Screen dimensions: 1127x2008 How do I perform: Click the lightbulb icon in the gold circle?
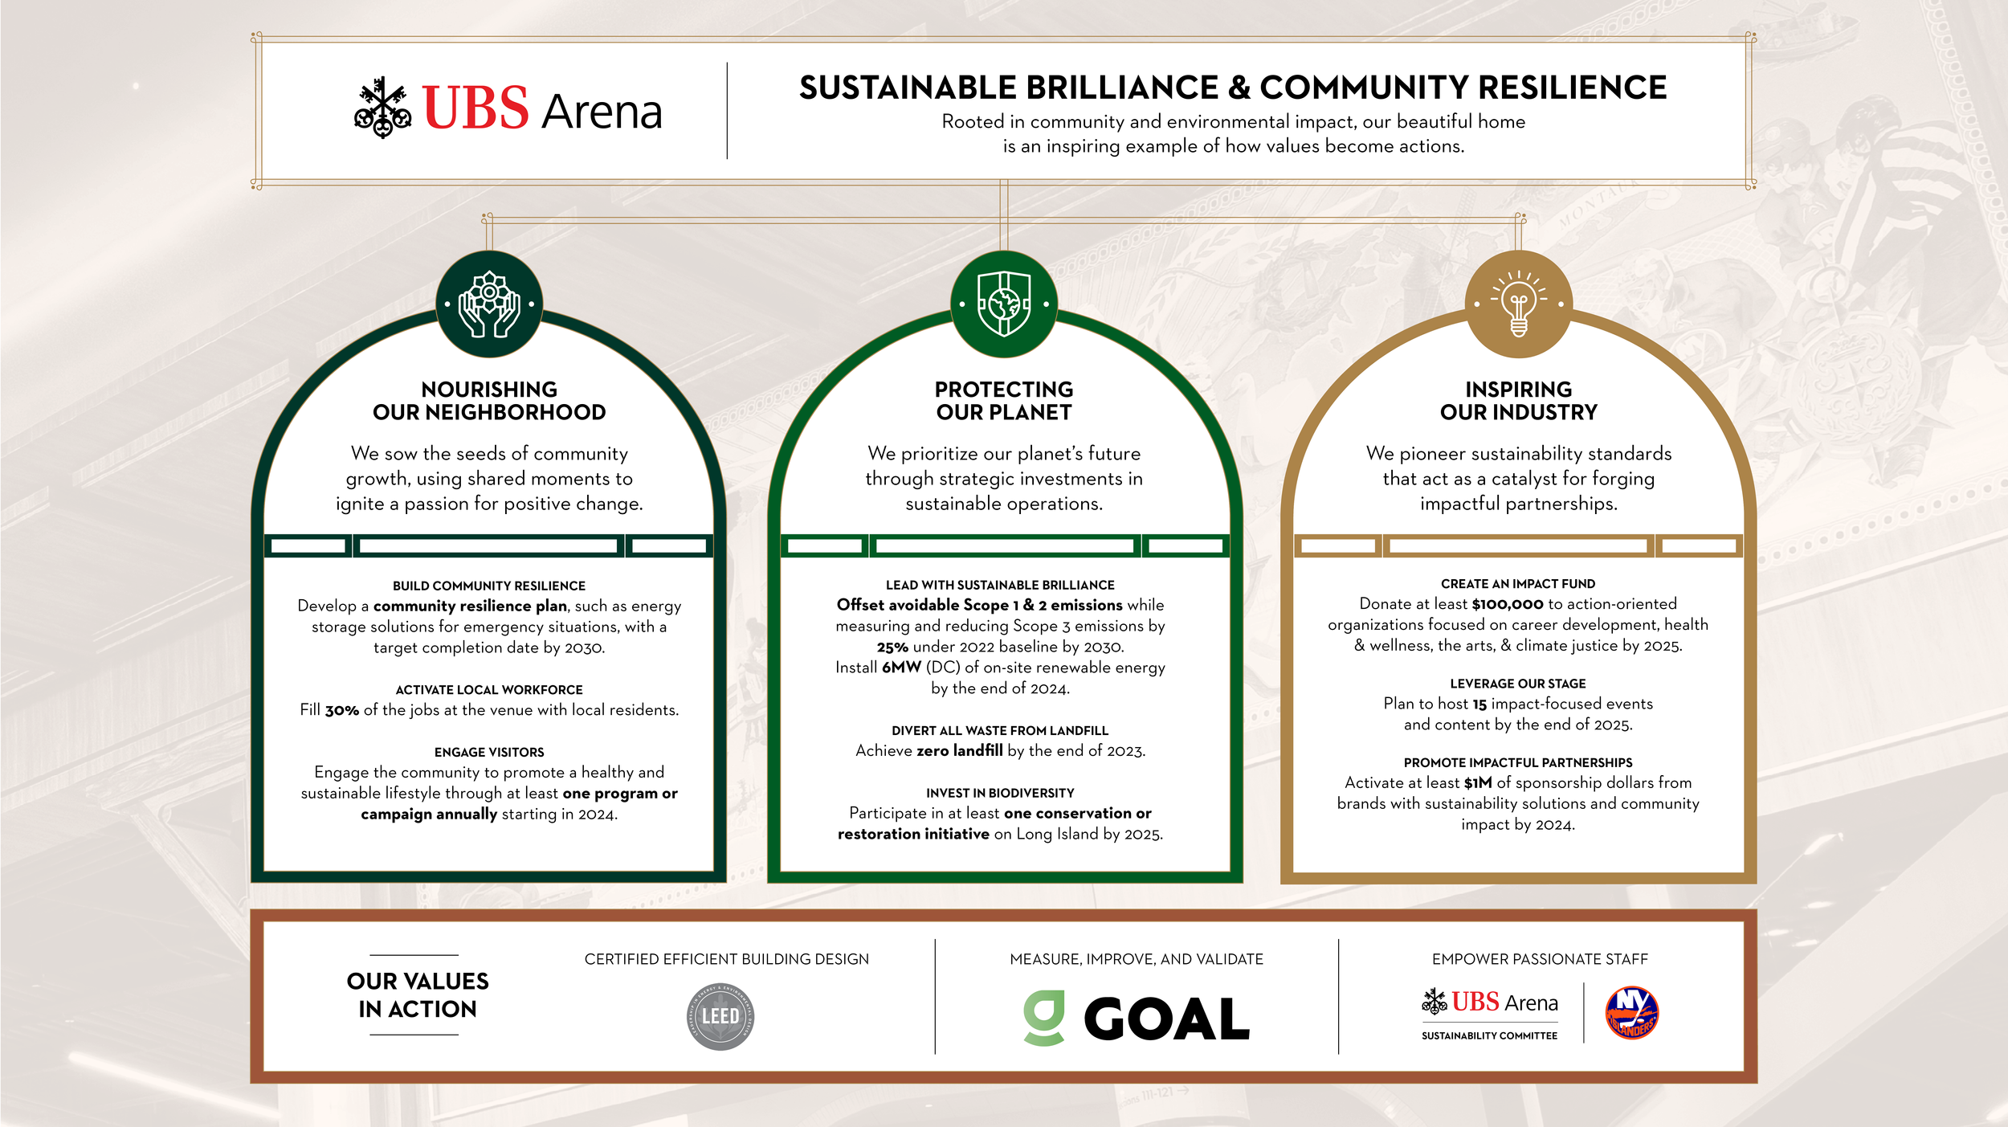click(x=1518, y=304)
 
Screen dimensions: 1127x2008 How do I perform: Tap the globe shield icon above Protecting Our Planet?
click(x=1003, y=304)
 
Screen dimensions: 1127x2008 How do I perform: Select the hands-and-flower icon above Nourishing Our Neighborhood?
click(x=489, y=304)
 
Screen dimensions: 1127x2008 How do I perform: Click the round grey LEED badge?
click(x=720, y=1016)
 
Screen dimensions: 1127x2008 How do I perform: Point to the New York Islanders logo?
click(x=1631, y=1013)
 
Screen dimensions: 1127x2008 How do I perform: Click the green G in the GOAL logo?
click(x=1044, y=1017)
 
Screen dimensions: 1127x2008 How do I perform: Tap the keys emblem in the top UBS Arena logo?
click(x=383, y=108)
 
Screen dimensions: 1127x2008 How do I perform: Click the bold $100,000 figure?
click(x=1508, y=604)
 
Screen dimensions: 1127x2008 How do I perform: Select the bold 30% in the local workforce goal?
click(x=341, y=710)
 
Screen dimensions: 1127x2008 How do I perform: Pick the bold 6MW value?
click(x=901, y=668)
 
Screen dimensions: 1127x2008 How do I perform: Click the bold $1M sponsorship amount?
click(x=1478, y=783)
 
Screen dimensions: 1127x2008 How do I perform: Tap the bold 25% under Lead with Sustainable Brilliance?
click(x=892, y=647)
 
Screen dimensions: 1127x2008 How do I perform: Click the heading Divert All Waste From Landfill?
click(x=1000, y=730)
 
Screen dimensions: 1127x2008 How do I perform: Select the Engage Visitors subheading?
click(x=489, y=752)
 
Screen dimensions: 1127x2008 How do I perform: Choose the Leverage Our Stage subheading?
click(x=1518, y=684)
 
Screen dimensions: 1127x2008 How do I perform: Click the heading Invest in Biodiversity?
click(x=1000, y=793)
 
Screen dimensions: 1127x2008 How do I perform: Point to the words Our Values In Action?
click(x=418, y=994)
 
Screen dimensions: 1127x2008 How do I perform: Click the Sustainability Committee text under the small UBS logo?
click(x=1489, y=1036)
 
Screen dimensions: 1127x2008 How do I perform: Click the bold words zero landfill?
click(x=960, y=751)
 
